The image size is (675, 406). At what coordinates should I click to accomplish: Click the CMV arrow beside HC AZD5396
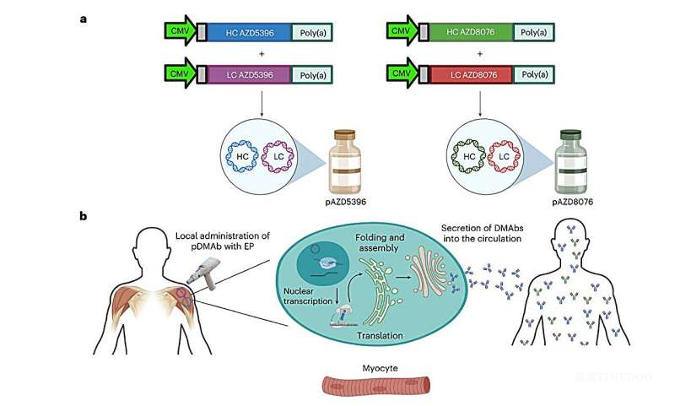[x=179, y=33]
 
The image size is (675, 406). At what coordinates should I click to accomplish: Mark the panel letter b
[x=84, y=216]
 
